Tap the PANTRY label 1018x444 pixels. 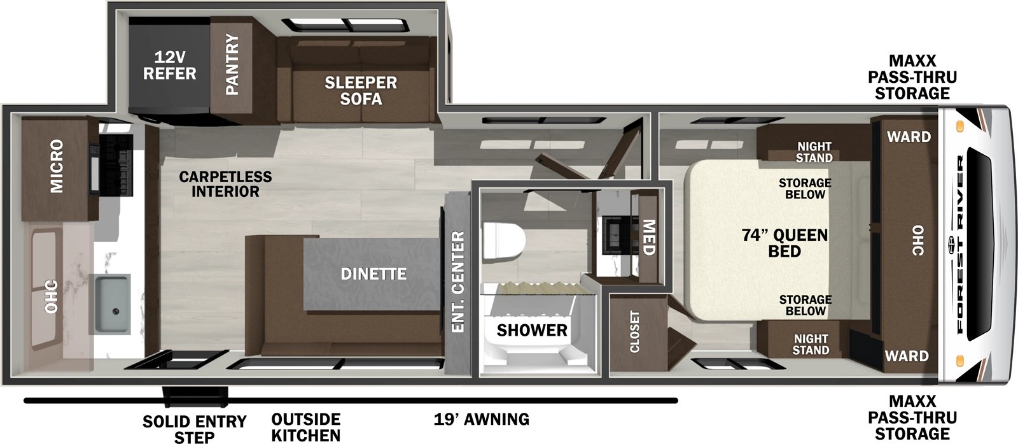(232, 65)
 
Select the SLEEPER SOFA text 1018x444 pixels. (361, 90)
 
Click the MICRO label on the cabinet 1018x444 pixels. (57, 166)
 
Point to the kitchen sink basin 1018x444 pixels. (113, 303)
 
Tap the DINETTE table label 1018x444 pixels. (373, 274)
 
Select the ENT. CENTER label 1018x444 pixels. (457, 282)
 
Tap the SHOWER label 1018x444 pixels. (532, 330)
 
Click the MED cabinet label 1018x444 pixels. (648, 237)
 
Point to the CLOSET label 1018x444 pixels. (634, 331)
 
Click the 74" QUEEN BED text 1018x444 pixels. (784, 243)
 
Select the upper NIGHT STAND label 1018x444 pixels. (814, 152)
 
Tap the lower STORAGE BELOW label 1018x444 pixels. (805, 305)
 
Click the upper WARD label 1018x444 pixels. (909, 137)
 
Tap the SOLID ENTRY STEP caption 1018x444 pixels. (194, 429)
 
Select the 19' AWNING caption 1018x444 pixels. (482, 419)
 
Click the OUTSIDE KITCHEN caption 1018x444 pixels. (306, 427)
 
